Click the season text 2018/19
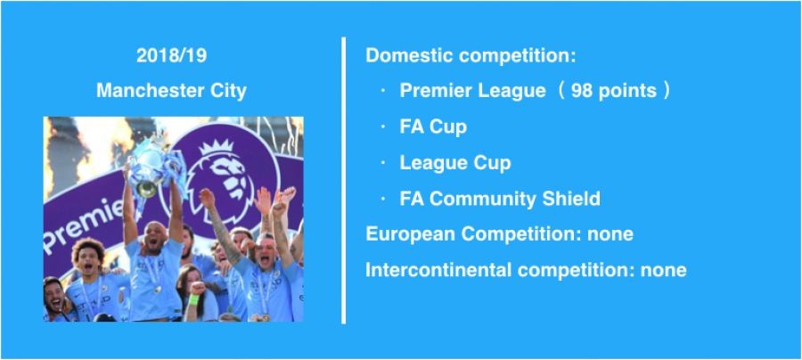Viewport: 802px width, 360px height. point(171,56)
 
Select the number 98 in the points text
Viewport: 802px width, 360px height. point(582,91)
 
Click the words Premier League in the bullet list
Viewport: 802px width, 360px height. point(472,91)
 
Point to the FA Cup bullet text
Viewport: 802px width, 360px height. point(433,127)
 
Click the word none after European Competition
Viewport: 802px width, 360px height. point(610,234)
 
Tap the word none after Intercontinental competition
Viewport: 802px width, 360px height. point(663,270)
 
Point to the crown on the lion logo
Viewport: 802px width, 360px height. point(216,147)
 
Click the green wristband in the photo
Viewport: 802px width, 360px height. point(193,299)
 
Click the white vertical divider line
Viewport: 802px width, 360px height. point(344,180)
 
